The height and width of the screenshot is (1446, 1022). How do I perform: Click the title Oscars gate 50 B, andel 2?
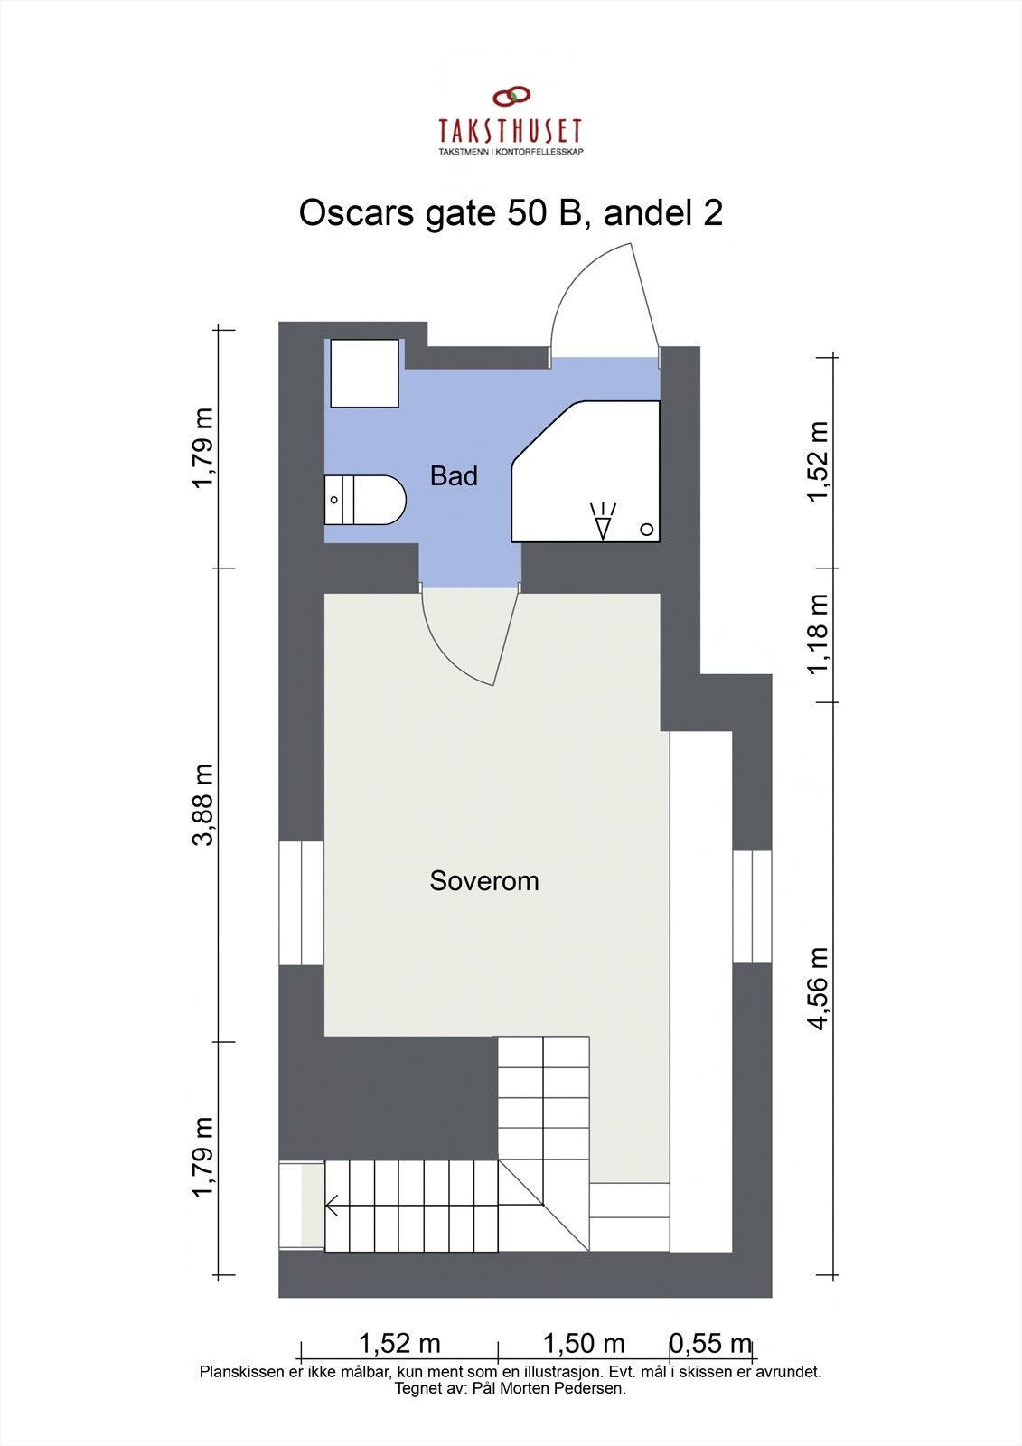point(511,213)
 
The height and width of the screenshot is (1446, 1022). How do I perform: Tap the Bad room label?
point(454,476)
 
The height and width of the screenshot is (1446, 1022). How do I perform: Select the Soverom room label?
point(484,881)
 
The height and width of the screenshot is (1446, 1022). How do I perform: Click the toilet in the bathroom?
point(365,500)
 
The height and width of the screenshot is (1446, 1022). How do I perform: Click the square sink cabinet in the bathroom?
point(364,373)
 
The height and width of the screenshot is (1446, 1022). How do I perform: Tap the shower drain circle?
point(647,530)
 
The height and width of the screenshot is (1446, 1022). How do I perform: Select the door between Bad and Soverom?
point(470,633)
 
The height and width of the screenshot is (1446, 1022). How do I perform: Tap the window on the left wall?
point(301,903)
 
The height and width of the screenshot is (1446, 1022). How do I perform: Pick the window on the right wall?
point(752,906)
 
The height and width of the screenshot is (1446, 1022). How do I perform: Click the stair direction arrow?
point(333,1205)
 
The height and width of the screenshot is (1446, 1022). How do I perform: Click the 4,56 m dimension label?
point(819,988)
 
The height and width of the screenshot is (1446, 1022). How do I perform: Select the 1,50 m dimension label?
point(584,1344)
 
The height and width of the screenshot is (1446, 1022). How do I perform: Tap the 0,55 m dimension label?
point(710,1344)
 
